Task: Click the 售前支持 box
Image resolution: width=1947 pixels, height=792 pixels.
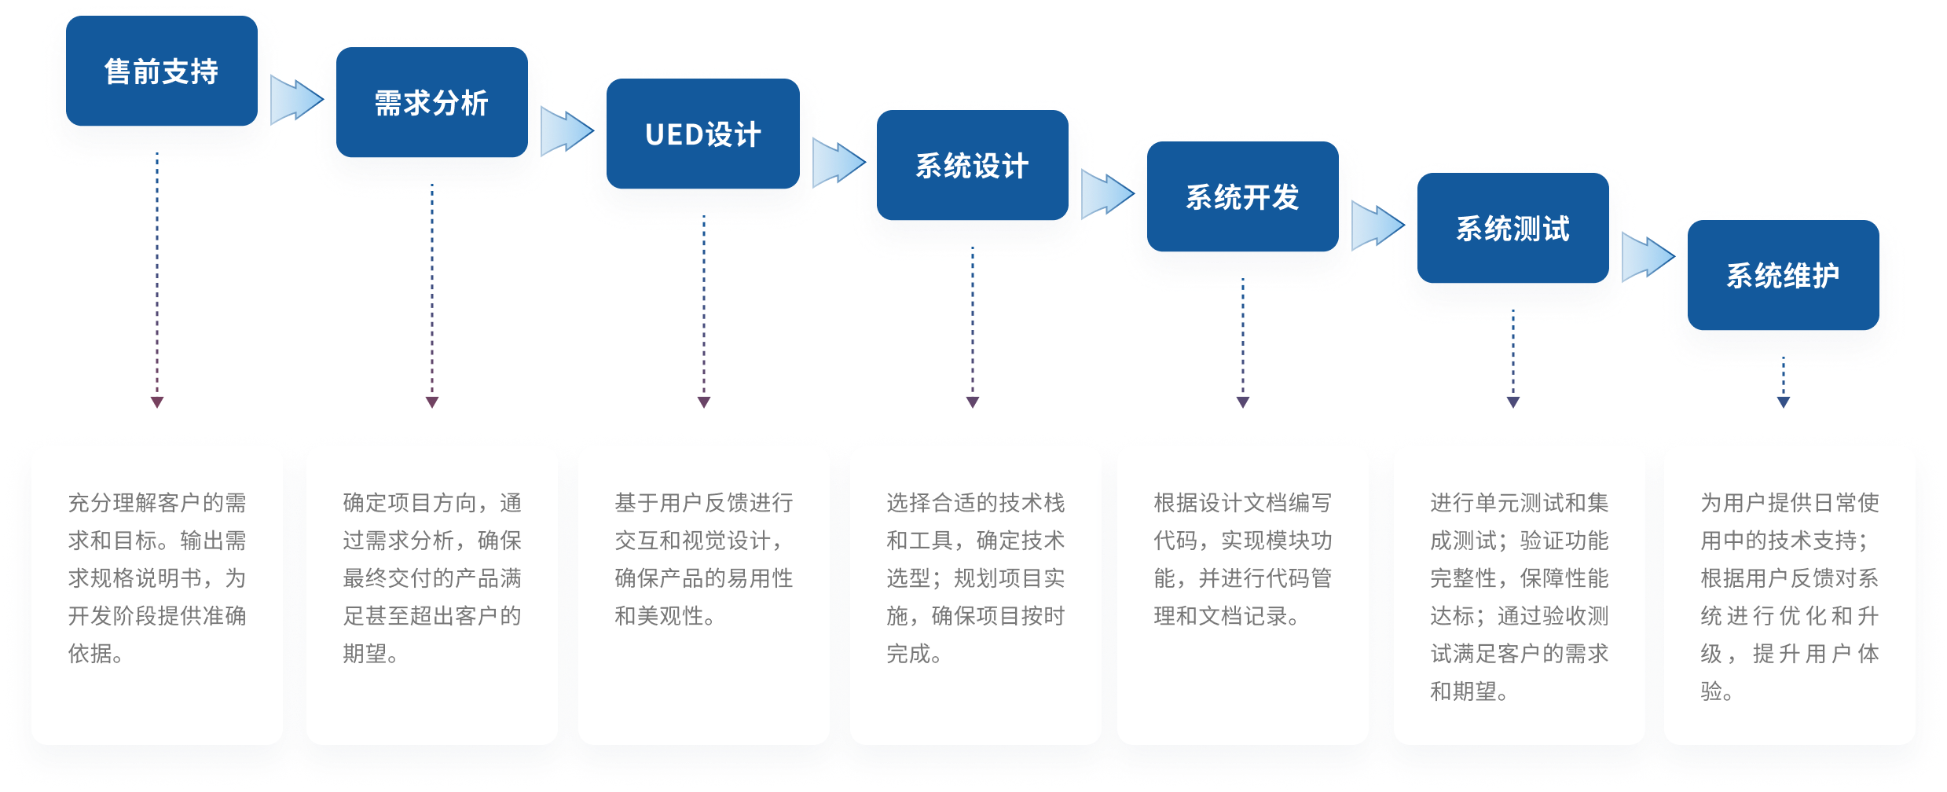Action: [162, 71]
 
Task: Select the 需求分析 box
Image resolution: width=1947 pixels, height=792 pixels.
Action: [431, 103]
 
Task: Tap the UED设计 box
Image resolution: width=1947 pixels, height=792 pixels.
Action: [702, 134]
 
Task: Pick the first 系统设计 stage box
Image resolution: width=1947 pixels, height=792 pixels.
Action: [972, 166]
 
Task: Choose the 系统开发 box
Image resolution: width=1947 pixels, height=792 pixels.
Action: [1242, 197]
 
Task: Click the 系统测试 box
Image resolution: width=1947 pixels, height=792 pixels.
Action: [1512, 229]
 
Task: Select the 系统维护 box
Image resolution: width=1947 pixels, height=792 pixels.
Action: [1783, 276]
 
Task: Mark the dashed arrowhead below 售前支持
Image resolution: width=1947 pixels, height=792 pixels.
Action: [157, 402]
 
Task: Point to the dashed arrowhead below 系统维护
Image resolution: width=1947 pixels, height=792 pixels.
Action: [1783, 402]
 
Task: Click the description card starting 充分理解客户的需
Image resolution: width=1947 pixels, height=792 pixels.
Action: [157, 595]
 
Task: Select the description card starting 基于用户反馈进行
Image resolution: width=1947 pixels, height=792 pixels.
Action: [704, 595]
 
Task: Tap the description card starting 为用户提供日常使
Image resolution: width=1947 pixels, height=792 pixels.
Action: [1789, 595]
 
